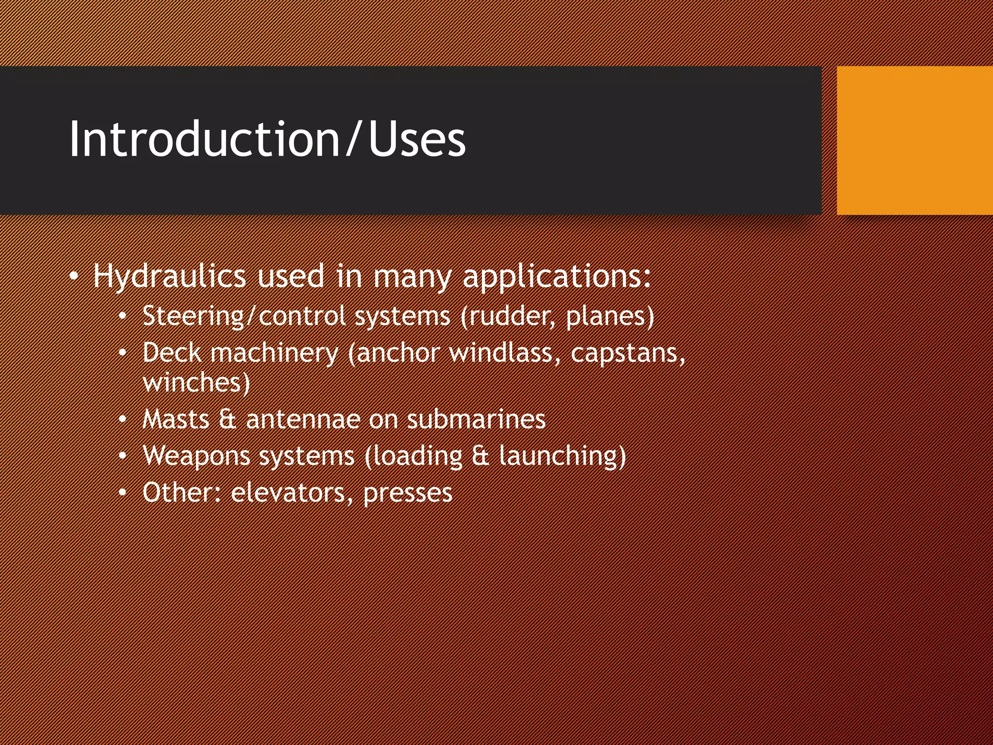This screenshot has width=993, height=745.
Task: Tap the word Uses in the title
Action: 417,140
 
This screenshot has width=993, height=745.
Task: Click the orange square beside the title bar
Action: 914,141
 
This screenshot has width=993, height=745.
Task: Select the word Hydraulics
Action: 170,276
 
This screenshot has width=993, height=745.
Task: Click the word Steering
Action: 193,316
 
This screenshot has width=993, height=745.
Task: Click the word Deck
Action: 172,353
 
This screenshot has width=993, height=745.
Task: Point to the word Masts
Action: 176,419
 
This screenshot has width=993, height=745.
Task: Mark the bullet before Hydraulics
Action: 74,277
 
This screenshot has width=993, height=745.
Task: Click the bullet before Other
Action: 123,493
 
